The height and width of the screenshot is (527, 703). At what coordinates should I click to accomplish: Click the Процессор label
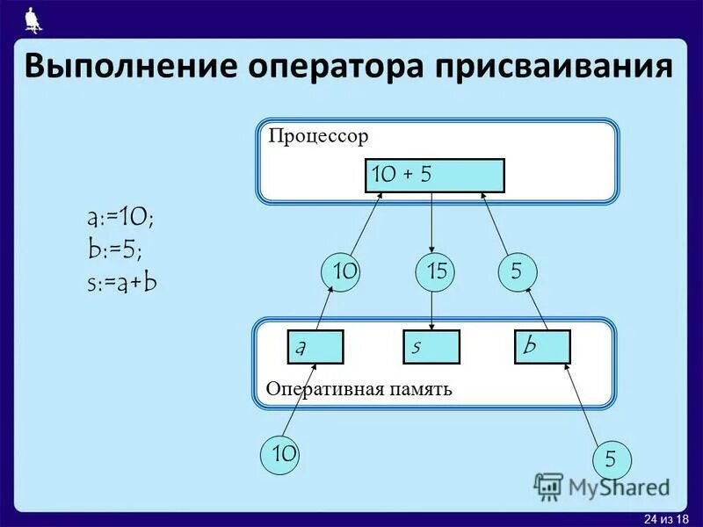coord(318,136)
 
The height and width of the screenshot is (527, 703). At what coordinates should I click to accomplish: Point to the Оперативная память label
coord(359,388)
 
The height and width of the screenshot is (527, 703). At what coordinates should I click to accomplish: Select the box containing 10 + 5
coord(434,176)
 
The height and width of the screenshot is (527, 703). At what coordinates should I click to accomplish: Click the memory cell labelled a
coord(315,347)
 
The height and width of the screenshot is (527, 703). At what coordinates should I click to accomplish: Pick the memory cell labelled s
coord(431,347)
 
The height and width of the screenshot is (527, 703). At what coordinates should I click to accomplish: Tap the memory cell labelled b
coord(542,347)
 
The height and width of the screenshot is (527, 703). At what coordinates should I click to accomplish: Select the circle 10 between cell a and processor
coord(344,272)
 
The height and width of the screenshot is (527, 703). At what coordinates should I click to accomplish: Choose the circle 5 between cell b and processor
coord(517,272)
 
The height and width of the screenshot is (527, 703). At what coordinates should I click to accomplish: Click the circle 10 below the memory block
coord(283,454)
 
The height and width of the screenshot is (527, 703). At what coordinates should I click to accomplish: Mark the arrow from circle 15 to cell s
coord(432,312)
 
